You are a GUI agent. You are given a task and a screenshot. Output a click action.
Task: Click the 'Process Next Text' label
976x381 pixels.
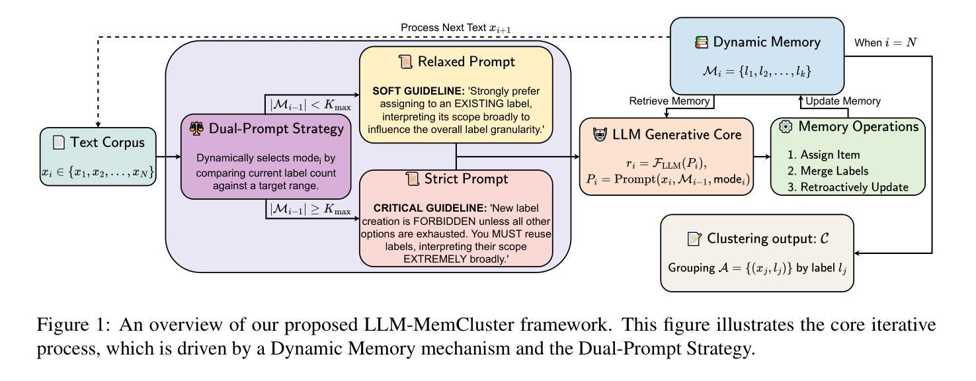coord(456,27)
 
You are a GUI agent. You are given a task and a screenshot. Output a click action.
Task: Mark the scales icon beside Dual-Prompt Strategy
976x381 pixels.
coord(196,128)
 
